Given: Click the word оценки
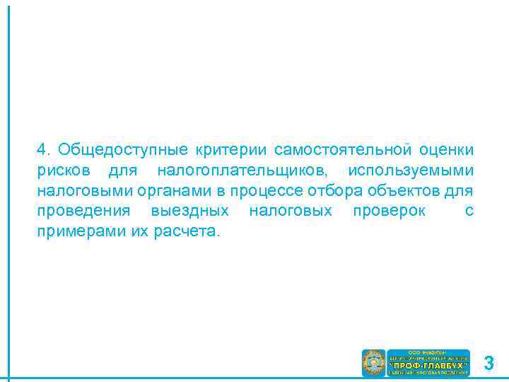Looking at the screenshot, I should coord(446,150).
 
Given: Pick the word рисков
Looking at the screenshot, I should coord(64,170).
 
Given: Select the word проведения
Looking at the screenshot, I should coord(83,212).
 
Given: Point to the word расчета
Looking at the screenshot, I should coord(187,232).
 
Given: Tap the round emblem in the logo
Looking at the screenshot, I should coord(373,363).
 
